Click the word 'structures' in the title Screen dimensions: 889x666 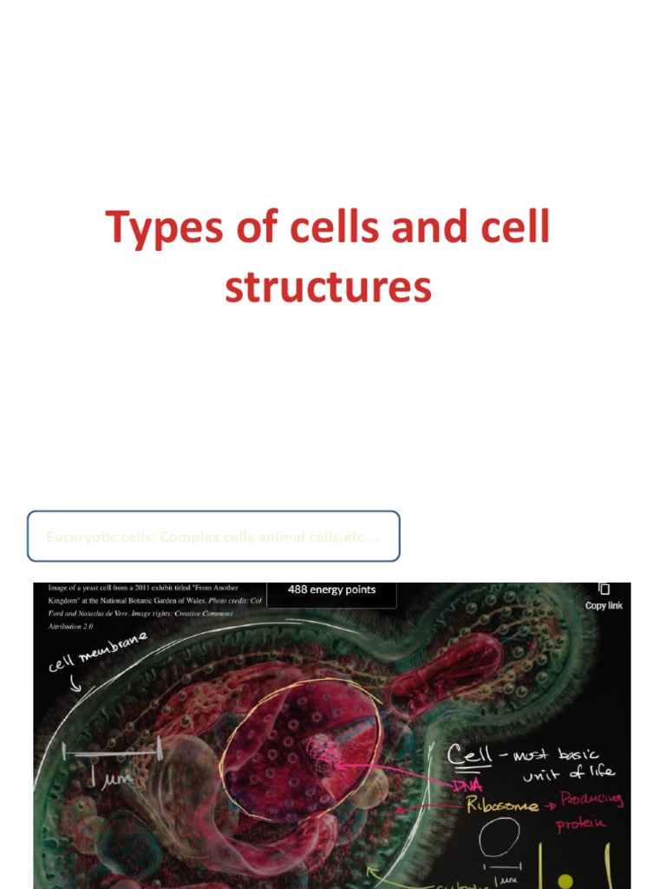tap(328, 287)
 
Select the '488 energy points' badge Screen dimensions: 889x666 tap(332, 590)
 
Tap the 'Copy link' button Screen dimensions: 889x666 tap(604, 597)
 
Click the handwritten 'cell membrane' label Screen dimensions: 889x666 tap(97, 653)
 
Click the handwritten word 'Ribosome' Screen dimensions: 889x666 tap(491, 805)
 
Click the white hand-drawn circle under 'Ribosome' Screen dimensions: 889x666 tap(500, 837)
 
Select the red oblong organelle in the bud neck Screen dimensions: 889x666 tap(444, 663)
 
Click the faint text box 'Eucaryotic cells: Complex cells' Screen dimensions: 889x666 tap(212, 537)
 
